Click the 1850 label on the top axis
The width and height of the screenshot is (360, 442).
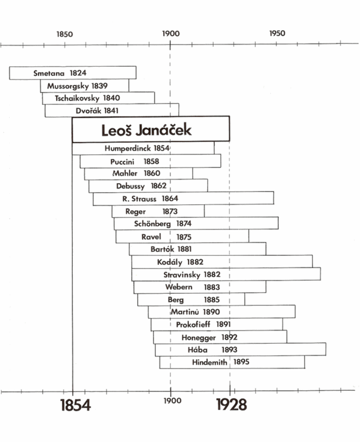pos(64,34)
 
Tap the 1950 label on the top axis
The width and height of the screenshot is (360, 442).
pos(277,33)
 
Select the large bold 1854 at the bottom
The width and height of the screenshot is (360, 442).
pos(76,405)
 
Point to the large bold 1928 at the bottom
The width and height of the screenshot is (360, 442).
pos(231,405)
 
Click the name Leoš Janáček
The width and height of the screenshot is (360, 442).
pos(146,130)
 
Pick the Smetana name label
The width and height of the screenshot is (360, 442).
pos(49,73)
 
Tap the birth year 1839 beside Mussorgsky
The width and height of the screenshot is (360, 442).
pos(99,86)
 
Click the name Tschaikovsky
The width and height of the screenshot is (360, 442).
pos(77,98)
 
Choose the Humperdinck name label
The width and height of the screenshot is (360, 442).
pos(128,148)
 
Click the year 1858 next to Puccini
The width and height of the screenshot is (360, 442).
pos(151,161)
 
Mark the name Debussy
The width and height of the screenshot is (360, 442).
pos(130,186)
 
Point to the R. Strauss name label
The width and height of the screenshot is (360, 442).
pos(139,199)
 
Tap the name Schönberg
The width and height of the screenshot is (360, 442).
pos(152,224)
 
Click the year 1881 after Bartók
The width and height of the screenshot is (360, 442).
pos(185,249)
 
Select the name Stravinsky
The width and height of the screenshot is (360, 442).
pos(182,275)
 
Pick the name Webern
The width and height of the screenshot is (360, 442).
pos(179,287)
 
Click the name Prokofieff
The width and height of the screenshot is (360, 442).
pos(193,325)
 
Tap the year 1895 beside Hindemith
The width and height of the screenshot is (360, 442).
pos(241,362)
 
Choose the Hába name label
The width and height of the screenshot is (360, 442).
pos(197,349)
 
